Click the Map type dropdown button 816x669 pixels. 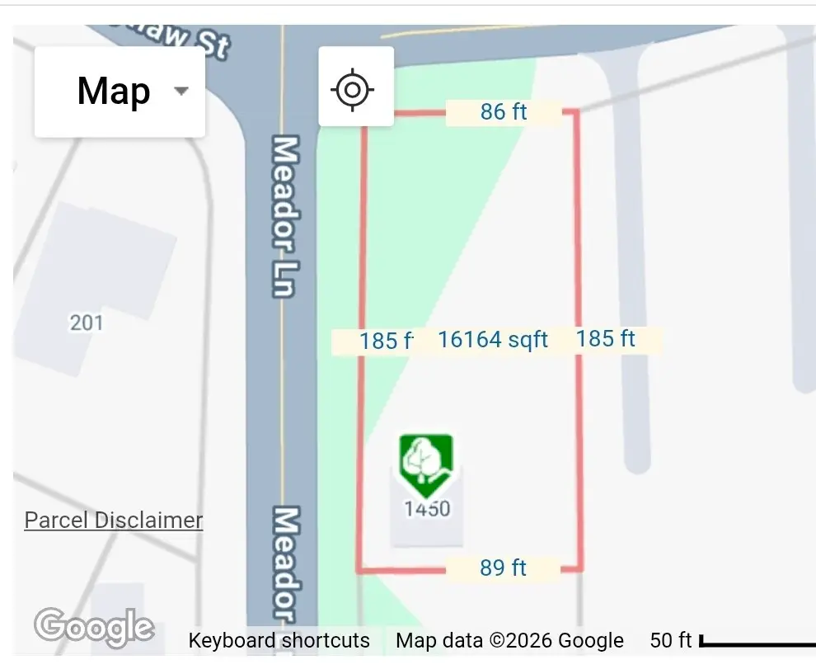click(119, 92)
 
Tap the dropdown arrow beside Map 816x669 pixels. click(181, 92)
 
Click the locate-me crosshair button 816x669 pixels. click(355, 87)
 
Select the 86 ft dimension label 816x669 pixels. click(504, 112)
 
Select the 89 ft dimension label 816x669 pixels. click(503, 568)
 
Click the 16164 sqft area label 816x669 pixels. click(493, 340)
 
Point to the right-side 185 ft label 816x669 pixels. click(606, 339)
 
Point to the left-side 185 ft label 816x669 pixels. click(384, 341)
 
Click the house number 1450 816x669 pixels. click(427, 508)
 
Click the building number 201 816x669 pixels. click(87, 322)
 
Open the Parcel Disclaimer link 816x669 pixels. click(114, 521)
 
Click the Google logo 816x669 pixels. click(94, 627)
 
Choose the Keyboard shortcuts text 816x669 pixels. click(279, 641)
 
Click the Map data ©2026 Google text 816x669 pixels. click(509, 641)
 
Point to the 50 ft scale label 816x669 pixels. click(671, 641)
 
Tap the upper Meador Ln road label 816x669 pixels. click(284, 216)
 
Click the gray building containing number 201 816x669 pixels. click(99, 280)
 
